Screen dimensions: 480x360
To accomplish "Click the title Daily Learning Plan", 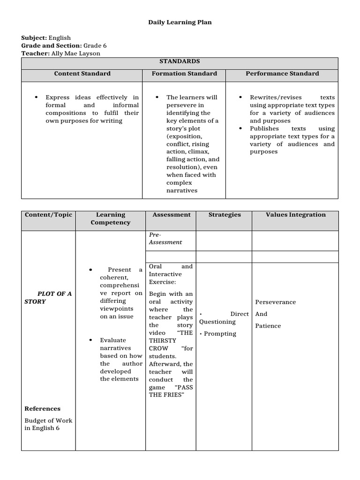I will click(180, 22).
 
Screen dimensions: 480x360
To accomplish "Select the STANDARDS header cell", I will click(180, 61).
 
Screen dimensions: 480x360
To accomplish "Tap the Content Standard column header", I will click(82, 74).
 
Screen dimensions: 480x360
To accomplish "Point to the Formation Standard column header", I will click(184, 74).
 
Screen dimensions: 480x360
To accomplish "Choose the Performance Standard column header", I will click(282, 74).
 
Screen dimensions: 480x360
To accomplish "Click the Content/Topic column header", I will click(48, 215).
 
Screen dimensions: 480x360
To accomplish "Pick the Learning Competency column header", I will click(111, 218).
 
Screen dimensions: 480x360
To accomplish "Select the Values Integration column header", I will click(295, 215).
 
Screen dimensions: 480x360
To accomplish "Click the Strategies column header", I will click(225, 215).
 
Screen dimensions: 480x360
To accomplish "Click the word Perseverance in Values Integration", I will click(275, 302).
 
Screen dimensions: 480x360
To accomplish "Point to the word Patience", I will click(268, 326).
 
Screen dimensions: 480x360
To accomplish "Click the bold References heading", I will click(42, 409).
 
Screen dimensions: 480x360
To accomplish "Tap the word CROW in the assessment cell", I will click(158, 348).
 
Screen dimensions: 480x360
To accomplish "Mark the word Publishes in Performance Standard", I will click(264, 128).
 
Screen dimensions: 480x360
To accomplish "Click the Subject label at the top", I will click(34, 38).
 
